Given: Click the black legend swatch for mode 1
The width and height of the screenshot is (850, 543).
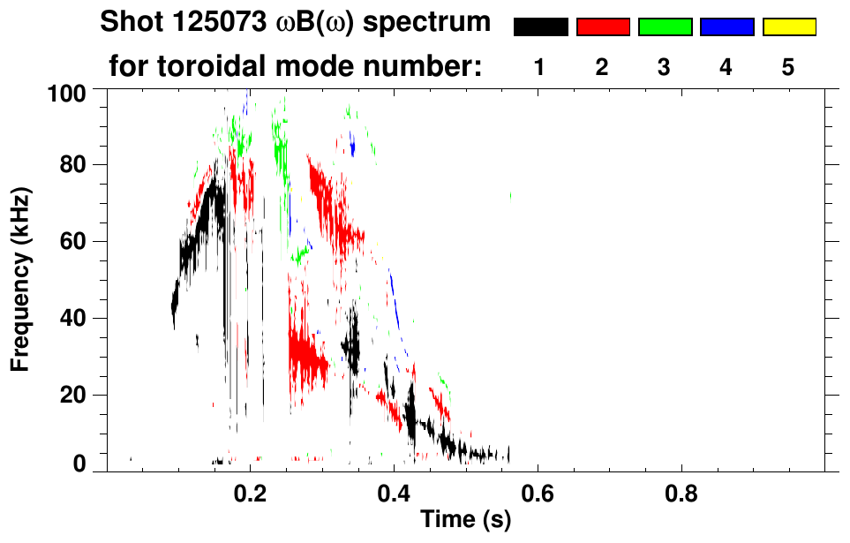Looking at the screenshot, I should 540,27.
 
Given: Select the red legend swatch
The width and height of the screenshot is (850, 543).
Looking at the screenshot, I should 603,27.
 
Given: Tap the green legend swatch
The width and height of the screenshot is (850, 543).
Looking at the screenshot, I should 665,27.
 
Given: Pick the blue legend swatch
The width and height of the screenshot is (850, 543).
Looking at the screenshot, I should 726,27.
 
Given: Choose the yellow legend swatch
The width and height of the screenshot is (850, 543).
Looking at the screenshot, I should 789,27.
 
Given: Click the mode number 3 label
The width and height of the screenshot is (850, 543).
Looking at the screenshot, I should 665,68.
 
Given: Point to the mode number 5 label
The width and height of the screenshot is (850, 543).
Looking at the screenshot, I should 789,68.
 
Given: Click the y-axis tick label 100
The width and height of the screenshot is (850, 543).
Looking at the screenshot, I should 66,91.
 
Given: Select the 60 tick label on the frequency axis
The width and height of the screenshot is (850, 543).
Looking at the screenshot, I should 72,241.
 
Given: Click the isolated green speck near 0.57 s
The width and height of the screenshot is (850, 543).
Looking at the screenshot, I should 510,195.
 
